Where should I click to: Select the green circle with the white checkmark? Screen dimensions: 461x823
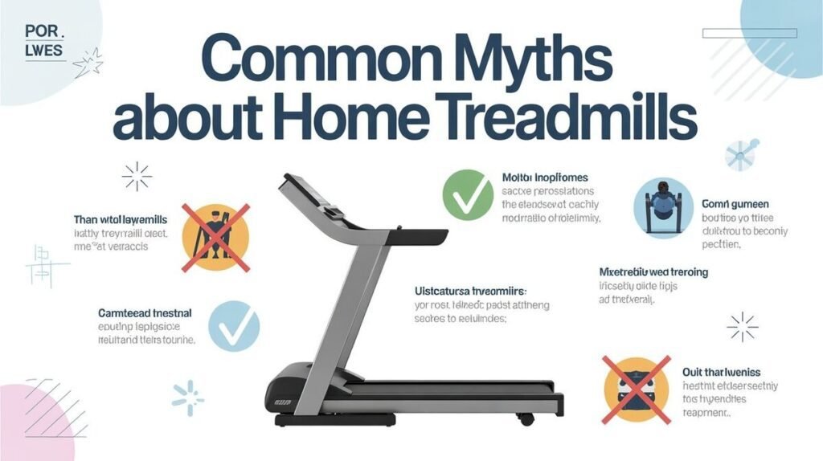[x=468, y=194]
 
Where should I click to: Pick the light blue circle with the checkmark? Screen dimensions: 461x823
[x=234, y=326]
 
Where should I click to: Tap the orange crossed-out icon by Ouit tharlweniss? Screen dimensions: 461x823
[x=636, y=391]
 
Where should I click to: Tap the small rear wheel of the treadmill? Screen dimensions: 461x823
[x=527, y=419]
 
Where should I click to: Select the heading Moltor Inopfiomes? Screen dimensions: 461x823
[x=545, y=177]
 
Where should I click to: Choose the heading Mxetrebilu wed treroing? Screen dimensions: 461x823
[x=654, y=272]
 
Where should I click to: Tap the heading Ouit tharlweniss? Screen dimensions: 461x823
[x=722, y=372]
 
